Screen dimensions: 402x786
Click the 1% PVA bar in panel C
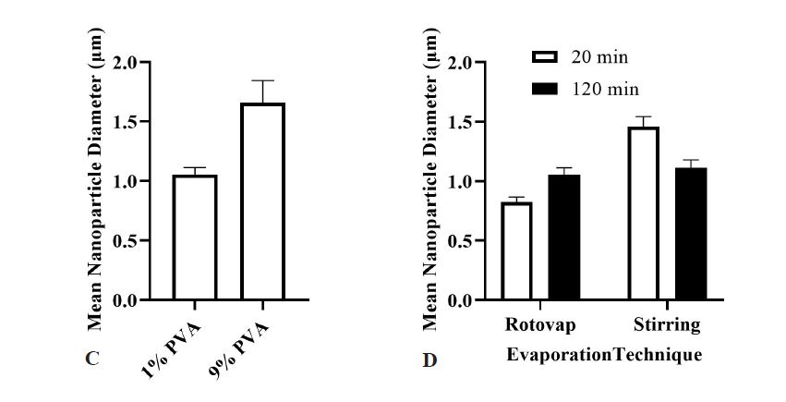pos(194,238)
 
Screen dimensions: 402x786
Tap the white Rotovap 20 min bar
pos(516,250)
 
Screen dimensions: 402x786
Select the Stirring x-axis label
pos(667,325)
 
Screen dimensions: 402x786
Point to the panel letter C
pos(92,359)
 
